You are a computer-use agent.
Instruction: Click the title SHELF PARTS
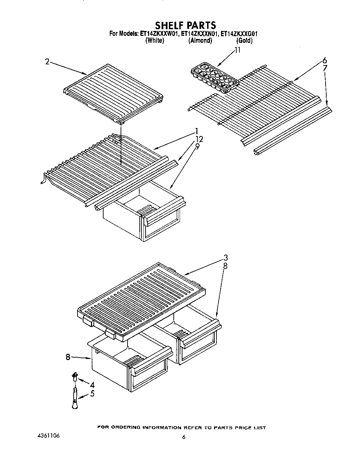[x=185, y=25]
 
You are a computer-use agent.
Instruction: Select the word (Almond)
[x=200, y=40]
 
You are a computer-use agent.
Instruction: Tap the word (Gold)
[x=244, y=40]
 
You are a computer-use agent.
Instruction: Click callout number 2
[x=47, y=62]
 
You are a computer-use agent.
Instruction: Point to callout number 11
[x=237, y=50]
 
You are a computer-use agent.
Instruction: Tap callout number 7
[x=325, y=68]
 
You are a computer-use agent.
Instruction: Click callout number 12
[x=199, y=139]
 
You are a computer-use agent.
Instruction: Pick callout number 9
[x=197, y=146]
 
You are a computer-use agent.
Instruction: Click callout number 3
[x=226, y=258]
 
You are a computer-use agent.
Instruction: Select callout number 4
[x=92, y=385]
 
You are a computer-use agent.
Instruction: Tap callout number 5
[x=92, y=394]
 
